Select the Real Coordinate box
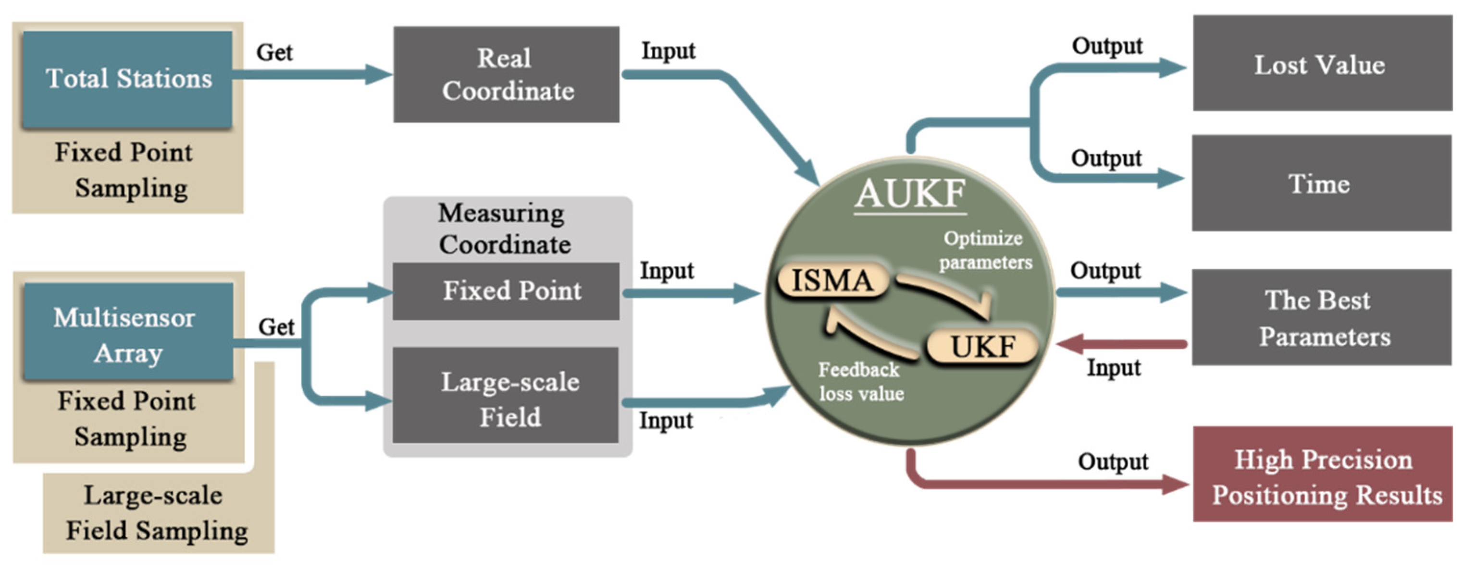pyautogui.click(x=507, y=74)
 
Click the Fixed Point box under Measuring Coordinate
pyautogui.click(x=507, y=291)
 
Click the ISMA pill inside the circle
pyautogui.click(x=832, y=280)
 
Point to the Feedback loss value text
pyautogui.click(x=860, y=382)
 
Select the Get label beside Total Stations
pyautogui.click(x=274, y=52)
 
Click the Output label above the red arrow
pyautogui.click(x=1113, y=461)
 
